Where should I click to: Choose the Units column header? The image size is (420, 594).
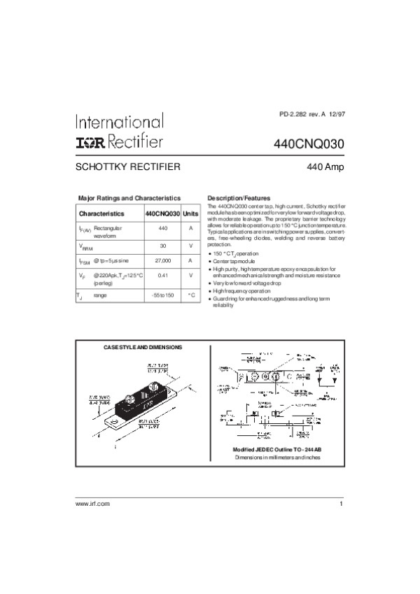click(x=190, y=213)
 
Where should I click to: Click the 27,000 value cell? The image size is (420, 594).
click(x=162, y=260)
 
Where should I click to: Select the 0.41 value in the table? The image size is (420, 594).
click(x=162, y=276)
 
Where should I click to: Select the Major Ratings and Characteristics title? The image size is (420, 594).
click(x=129, y=198)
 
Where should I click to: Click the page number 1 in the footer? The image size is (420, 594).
click(x=341, y=504)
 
